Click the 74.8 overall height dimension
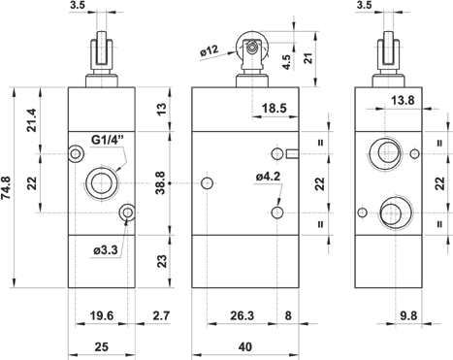(7, 187)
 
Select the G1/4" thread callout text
(108, 140)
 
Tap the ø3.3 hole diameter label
(106, 250)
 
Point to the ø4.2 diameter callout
(268, 177)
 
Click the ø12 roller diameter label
(210, 50)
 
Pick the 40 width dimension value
(245, 347)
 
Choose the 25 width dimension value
(101, 347)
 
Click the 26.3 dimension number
(243, 315)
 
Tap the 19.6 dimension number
(102, 315)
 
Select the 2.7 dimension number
(161, 315)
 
